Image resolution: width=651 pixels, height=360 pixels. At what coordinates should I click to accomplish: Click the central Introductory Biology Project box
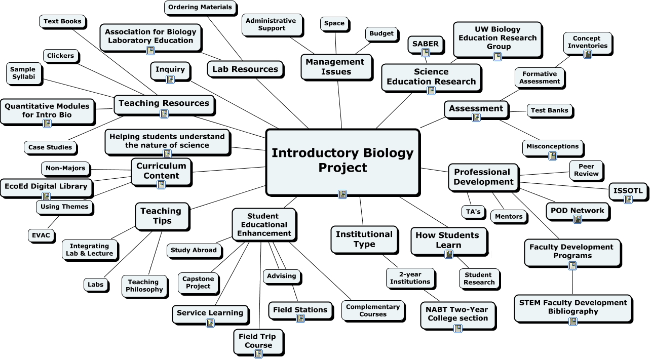(342, 162)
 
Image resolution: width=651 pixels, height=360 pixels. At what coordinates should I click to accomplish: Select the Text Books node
(62, 21)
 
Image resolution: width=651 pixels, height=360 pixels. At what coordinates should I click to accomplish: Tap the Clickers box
(61, 56)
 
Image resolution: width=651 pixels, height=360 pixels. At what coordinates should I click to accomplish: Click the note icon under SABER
(426, 53)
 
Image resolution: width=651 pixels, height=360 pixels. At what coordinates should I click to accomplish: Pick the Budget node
(381, 34)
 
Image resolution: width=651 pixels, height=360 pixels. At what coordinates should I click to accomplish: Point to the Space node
(334, 23)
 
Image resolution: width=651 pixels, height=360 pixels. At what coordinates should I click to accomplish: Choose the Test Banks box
(550, 111)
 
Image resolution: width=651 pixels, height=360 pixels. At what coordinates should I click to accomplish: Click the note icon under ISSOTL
(628, 199)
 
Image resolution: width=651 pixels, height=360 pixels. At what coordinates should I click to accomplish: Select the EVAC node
(41, 235)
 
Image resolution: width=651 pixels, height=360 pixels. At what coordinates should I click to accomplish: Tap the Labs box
(96, 285)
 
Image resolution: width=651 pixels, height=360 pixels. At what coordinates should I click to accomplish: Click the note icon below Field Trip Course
(258, 353)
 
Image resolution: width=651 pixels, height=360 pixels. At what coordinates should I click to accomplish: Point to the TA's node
(473, 212)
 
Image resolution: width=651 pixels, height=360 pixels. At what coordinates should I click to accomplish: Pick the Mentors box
(509, 217)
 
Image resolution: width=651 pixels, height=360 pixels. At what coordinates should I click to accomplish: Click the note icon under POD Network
(578, 219)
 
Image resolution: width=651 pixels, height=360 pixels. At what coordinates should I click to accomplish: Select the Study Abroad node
(194, 251)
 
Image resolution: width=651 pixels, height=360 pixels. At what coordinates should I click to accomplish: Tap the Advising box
(282, 276)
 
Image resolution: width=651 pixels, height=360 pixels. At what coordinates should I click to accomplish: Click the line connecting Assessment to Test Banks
(518, 111)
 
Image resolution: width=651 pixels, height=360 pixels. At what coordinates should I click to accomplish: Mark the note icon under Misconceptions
(553, 156)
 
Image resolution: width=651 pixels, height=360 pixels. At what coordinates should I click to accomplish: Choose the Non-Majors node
(66, 169)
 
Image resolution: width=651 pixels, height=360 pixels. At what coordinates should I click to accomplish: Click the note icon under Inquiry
(170, 79)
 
